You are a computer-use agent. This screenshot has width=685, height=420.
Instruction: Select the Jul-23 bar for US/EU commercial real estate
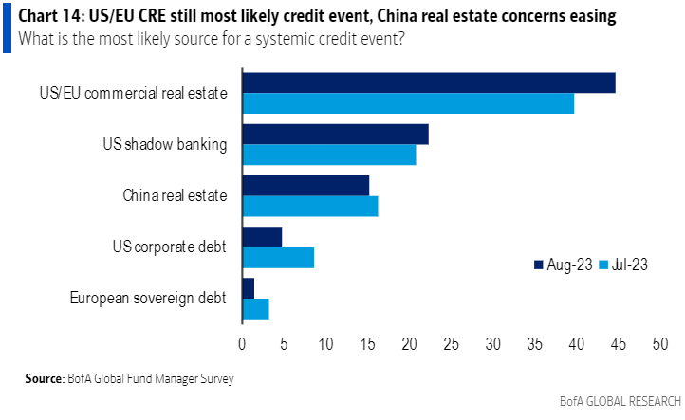coord(408,103)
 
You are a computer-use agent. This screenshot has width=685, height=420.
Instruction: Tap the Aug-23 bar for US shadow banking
coord(336,135)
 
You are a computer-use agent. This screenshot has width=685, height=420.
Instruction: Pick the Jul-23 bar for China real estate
coord(310,206)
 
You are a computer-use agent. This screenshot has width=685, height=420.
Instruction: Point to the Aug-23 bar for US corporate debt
coord(263,237)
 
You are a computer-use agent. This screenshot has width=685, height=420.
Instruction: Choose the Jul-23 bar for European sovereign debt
coord(256,308)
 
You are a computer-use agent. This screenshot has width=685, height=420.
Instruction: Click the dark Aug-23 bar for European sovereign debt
coord(249,288)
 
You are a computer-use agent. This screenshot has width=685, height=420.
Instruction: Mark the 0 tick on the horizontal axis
coord(243,344)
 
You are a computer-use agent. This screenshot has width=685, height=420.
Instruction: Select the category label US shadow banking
coord(164,145)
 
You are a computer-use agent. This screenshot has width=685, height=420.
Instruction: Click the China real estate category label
coord(175,196)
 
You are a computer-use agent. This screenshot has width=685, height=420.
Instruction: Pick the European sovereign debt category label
coord(148,298)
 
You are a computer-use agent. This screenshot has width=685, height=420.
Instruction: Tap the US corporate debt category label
coord(169,247)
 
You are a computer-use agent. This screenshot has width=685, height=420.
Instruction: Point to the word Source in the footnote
coord(44,379)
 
